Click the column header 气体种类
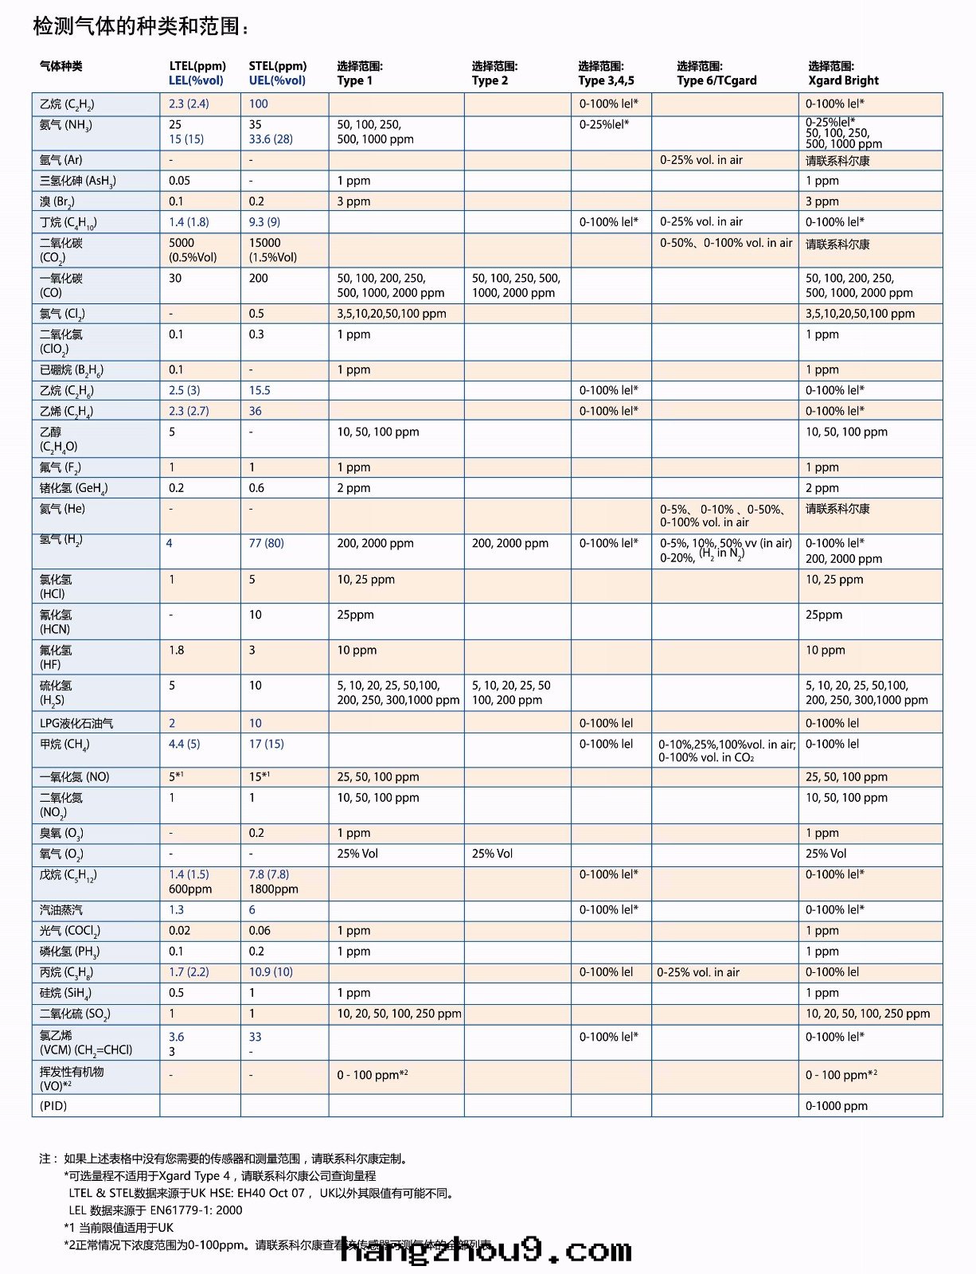click(x=61, y=66)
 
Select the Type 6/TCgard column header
click(x=716, y=80)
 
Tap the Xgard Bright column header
click(x=843, y=80)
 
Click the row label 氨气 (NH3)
click(x=66, y=126)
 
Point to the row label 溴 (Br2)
click(x=57, y=201)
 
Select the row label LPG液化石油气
click(x=76, y=723)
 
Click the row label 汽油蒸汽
click(x=61, y=909)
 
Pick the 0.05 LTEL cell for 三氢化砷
click(x=179, y=181)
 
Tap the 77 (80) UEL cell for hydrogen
click(x=266, y=543)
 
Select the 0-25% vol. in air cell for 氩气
click(x=701, y=160)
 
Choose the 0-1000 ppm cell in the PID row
click(x=837, y=1105)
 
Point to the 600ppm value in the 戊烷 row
click(x=190, y=889)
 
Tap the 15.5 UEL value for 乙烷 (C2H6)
click(x=260, y=390)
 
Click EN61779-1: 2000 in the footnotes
click(x=196, y=1210)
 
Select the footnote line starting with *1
click(x=119, y=1228)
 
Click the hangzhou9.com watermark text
click(x=486, y=1251)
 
